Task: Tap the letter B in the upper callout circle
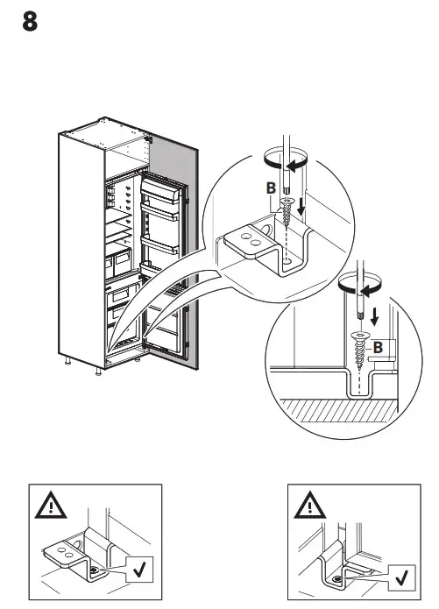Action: coord(271,188)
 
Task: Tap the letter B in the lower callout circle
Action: coord(379,348)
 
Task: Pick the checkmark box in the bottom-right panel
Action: coord(400,577)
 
